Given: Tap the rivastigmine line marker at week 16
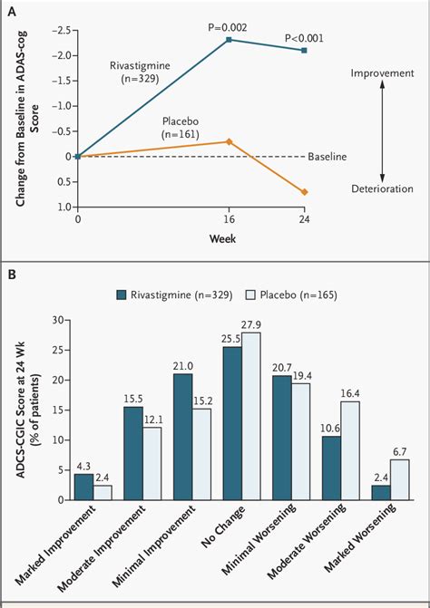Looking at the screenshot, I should (x=230, y=40).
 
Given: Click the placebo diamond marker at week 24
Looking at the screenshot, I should (x=305, y=192).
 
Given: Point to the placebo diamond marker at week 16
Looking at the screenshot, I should (x=230, y=141).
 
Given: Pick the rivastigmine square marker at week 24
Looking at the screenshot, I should (x=305, y=51).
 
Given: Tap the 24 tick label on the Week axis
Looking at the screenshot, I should (x=305, y=219).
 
